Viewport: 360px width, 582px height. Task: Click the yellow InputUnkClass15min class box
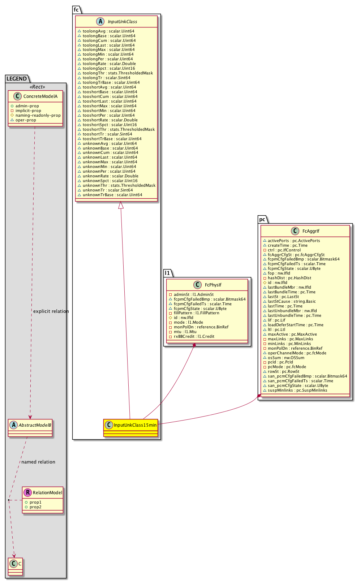[131, 428]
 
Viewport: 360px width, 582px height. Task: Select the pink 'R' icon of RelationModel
[27, 492]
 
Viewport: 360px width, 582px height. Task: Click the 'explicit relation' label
[51, 311]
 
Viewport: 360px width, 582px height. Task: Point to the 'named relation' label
[38, 462]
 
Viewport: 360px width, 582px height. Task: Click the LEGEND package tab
[17, 79]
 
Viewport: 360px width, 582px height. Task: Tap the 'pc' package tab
[262, 219]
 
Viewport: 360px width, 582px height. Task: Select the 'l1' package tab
[167, 273]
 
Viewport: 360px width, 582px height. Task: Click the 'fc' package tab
[76, 10]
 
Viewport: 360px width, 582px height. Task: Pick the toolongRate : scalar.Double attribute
[109, 64]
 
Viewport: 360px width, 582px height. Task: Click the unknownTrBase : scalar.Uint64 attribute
[112, 195]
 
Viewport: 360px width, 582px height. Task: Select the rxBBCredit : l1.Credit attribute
[194, 336]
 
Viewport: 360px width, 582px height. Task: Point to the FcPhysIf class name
[213, 285]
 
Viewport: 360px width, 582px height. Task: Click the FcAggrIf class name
[311, 231]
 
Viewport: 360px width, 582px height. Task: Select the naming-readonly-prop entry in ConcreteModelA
[38, 116]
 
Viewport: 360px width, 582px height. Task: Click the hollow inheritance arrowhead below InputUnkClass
[121, 205]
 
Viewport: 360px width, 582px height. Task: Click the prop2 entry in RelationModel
[35, 507]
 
